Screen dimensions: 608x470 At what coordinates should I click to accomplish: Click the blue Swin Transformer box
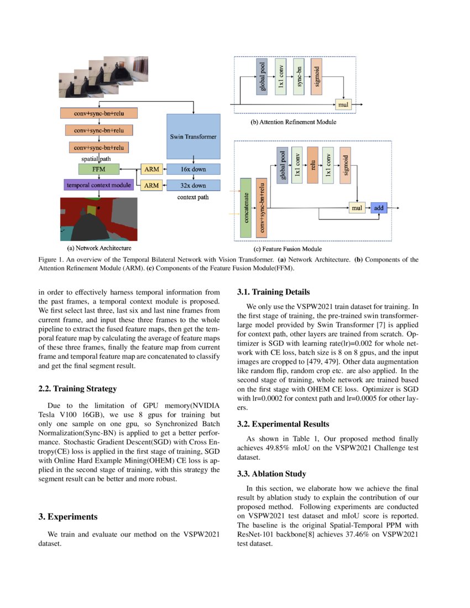pyautogui.click(x=193, y=136)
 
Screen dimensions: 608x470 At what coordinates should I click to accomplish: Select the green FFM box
pyautogui.click(x=99, y=169)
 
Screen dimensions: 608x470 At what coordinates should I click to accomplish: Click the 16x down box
pyautogui.click(x=193, y=169)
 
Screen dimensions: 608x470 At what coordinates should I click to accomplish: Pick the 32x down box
pyautogui.click(x=193, y=186)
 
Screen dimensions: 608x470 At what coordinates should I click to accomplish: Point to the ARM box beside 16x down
pyautogui.click(x=152, y=169)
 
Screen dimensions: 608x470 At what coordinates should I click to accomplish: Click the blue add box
pyautogui.click(x=379, y=208)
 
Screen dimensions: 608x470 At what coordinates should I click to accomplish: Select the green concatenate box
pyautogui.click(x=246, y=208)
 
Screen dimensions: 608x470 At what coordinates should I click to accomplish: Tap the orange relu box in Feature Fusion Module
pyautogui.click(x=312, y=165)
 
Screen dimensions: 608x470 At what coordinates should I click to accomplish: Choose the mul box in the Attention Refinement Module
pyautogui.click(x=343, y=104)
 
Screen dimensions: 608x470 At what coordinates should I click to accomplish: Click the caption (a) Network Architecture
pyautogui.click(x=99, y=249)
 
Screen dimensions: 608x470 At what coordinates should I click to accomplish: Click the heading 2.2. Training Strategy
pyautogui.click(x=77, y=389)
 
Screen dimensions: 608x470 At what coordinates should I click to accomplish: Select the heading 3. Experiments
pyautogui.click(x=68, y=517)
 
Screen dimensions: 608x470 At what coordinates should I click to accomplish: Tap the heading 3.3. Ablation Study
pyautogui.click(x=271, y=474)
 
